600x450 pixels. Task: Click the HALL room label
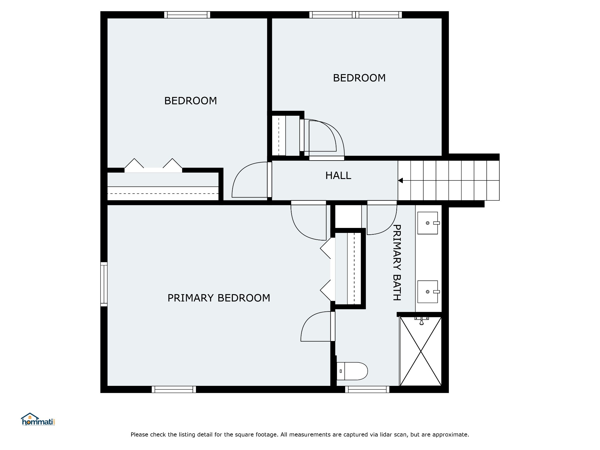click(x=338, y=175)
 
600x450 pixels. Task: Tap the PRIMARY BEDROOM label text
click(x=219, y=298)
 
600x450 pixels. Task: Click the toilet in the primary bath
click(x=352, y=371)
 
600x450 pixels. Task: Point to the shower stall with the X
click(x=421, y=351)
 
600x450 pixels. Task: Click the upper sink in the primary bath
click(x=428, y=223)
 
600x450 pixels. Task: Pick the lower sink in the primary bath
click(x=428, y=292)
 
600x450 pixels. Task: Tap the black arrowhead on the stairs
click(x=400, y=180)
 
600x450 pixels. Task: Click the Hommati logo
click(x=38, y=420)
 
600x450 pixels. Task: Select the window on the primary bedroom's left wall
click(x=104, y=284)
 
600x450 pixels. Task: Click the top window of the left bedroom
click(x=187, y=15)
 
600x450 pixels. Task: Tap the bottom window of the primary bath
click(x=367, y=389)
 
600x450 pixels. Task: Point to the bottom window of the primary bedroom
click(x=174, y=389)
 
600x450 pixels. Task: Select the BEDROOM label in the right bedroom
click(x=359, y=78)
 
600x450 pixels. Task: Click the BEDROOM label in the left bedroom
click(x=190, y=101)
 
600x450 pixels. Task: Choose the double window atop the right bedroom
click(x=356, y=15)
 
